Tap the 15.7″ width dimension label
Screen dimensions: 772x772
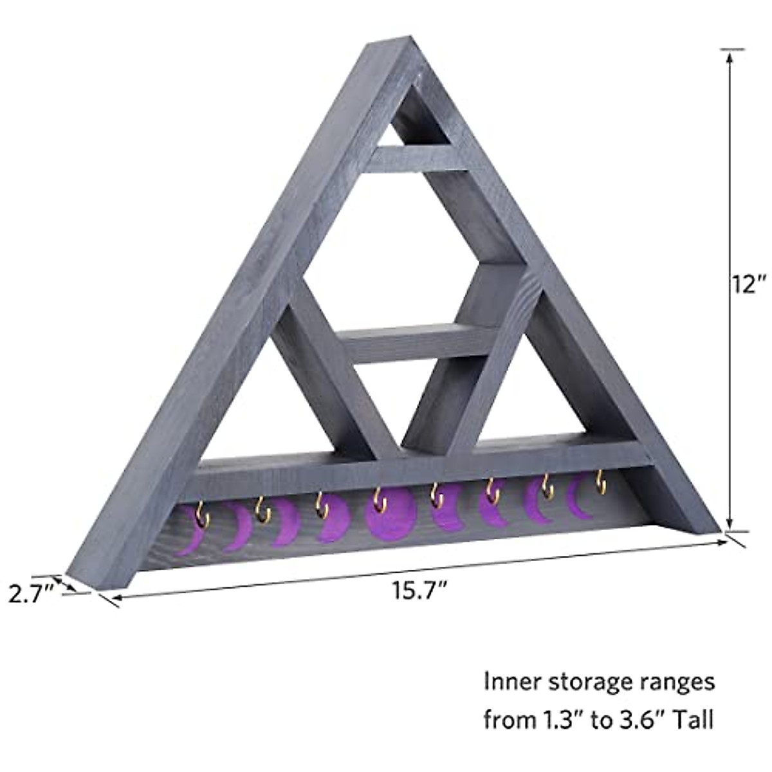click(x=420, y=589)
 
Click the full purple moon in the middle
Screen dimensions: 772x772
click(x=389, y=517)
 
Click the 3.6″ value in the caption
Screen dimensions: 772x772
click(x=639, y=719)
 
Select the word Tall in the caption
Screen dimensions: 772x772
click(x=694, y=719)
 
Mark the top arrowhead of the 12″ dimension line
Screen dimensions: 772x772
click(x=729, y=55)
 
